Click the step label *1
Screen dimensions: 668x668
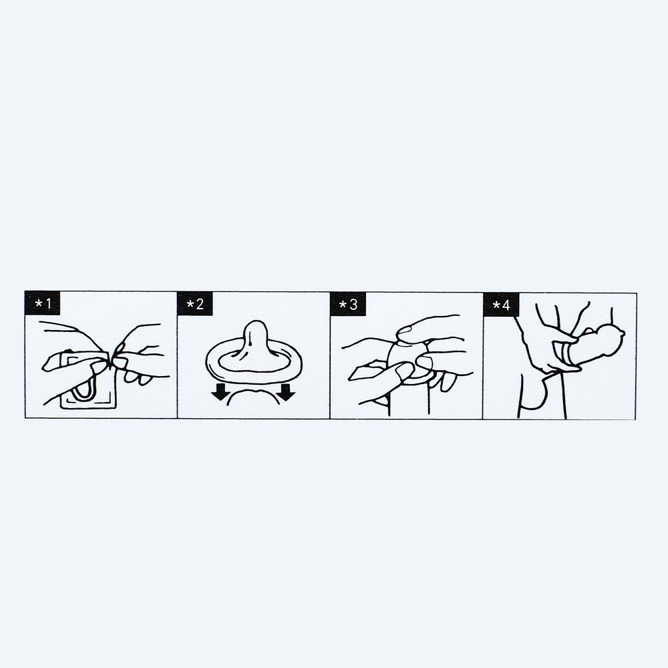[42, 304]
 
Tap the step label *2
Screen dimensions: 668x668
[195, 304]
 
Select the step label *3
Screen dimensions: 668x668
[348, 304]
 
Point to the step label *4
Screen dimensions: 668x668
[501, 304]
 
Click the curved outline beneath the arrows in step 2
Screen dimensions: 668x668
[253, 394]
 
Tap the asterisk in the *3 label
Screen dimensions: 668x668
[343, 305]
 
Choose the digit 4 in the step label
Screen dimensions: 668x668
[506, 305]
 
